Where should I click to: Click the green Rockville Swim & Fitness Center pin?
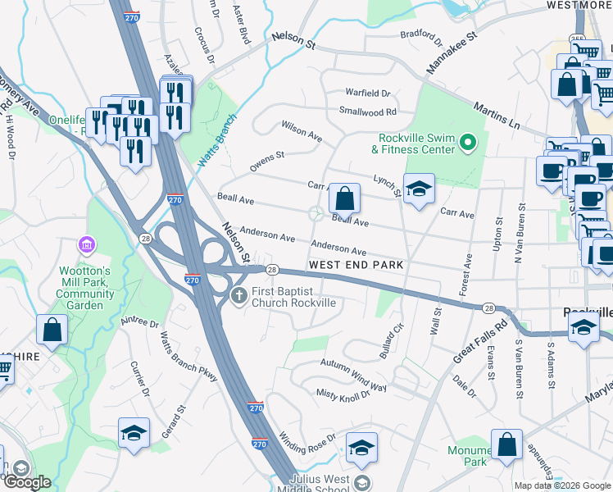(468, 143)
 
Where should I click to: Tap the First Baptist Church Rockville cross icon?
(238, 296)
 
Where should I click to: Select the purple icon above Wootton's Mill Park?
(86, 245)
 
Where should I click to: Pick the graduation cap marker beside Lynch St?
(418, 190)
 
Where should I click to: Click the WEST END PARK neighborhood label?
(356, 266)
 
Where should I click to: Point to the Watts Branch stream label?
(220, 132)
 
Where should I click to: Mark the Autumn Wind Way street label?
(353, 375)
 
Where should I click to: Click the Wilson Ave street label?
(302, 131)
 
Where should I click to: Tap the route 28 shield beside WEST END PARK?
(273, 270)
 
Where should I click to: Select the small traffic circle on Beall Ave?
(315, 215)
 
